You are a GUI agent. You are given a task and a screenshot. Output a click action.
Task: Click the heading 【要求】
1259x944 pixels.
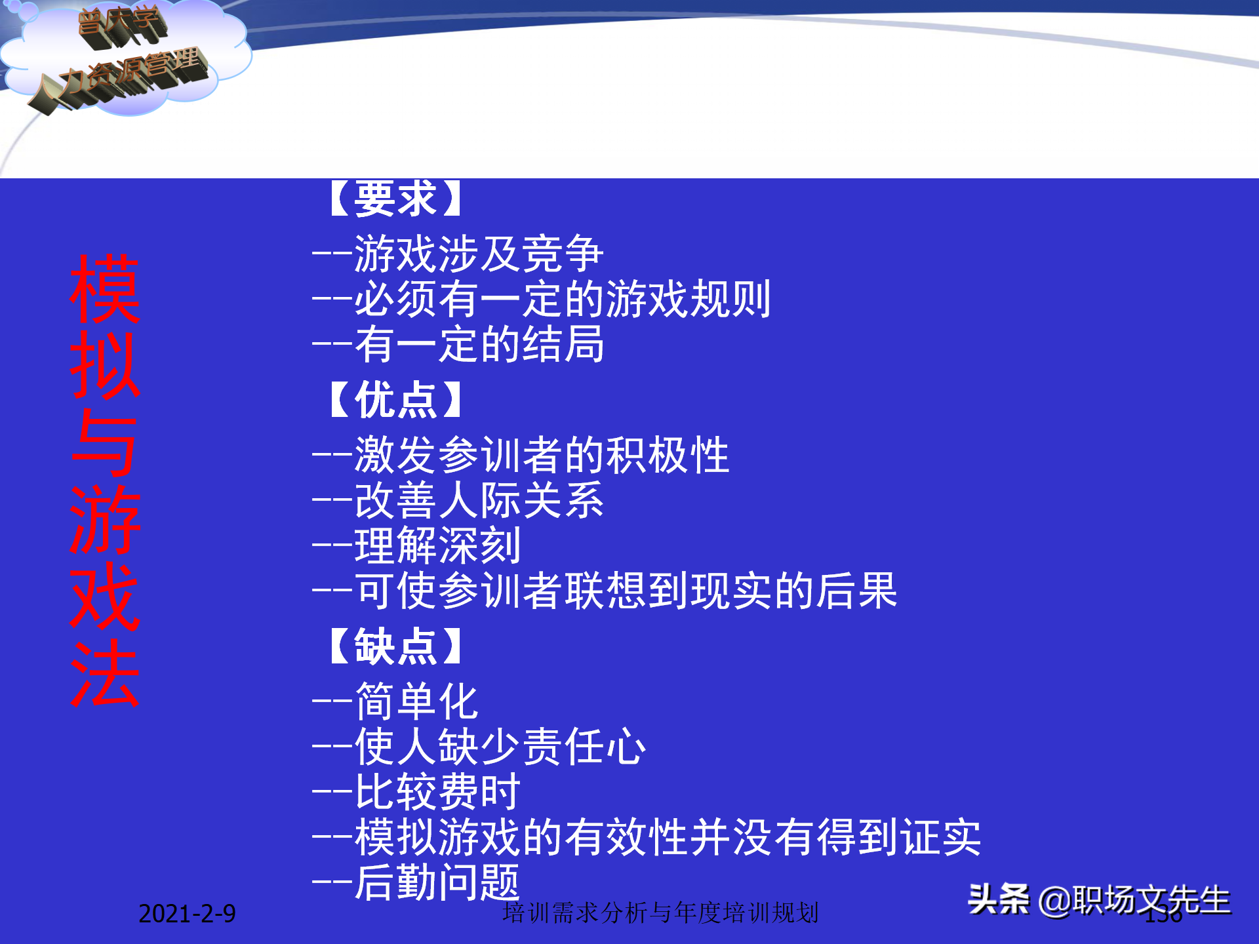(x=396, y=199)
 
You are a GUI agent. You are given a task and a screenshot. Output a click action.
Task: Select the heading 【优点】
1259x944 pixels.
(x=396, y=400)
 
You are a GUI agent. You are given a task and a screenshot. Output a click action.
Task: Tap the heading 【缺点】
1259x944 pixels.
(x=396, y=646)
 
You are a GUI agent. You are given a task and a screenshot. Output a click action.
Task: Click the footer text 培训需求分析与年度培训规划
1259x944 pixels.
(x=660, y=913)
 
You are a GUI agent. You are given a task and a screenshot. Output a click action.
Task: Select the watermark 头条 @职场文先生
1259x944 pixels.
(x=1099, y=899)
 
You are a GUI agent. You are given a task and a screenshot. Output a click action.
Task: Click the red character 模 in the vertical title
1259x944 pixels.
(x=105, y=289)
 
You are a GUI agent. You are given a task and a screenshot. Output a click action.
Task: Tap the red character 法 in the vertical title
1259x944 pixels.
(x=105, y=673)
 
